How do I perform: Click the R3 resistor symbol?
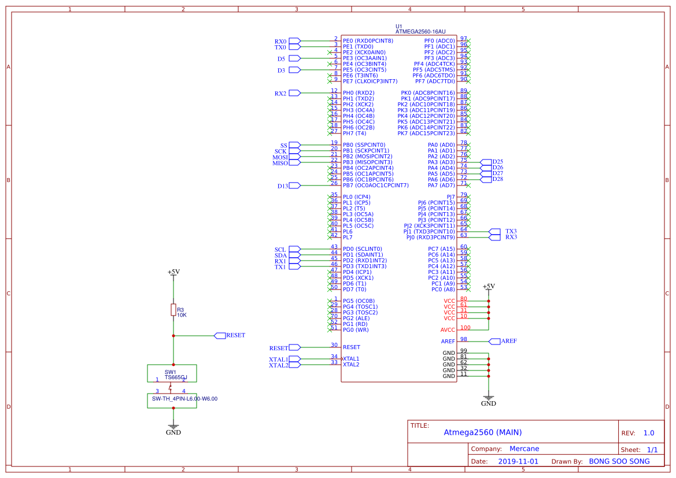[x=173, y=310]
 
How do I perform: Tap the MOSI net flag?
[x=294, y=157]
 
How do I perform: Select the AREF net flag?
[x=495, y=341]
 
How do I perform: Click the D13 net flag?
[x=294, y=186]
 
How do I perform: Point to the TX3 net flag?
[x=495, y=231]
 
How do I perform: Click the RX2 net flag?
[x=294, y=92]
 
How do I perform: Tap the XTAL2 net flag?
[x=294, y=365]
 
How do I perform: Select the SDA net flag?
[x=294, y=255]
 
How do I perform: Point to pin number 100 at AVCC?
[x=466, y=328]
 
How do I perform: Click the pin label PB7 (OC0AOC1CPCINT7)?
[x=375, y=186]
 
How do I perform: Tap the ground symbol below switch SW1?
[x=173, y=427]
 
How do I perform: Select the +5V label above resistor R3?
[x=173, y=272]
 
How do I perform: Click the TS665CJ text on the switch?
[x=176, y=377]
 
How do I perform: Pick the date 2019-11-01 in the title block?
[x=518, y=462]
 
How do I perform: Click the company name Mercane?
[x=524, y=449]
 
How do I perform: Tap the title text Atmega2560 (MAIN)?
[x=482, y=432]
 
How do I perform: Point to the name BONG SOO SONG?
[x=619, y=462]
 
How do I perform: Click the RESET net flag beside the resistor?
[x=220, y=335]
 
